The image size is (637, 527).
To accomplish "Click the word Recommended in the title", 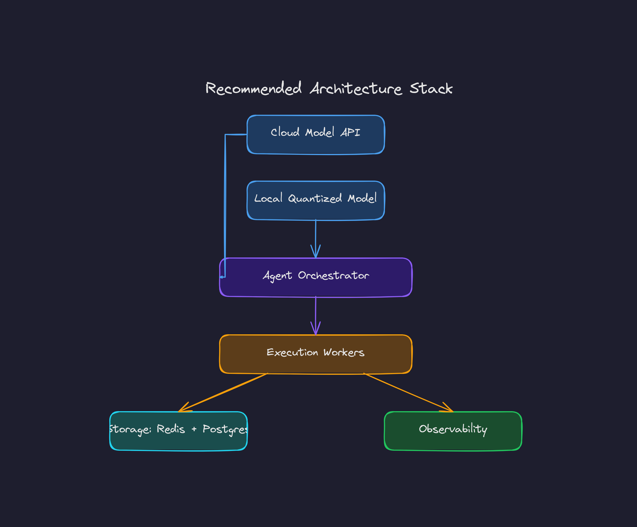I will (253, 88).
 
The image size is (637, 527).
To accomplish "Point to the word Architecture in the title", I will (356, 88).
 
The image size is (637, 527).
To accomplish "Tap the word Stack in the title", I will (431, 88).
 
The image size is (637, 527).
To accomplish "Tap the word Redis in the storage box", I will (171, 429).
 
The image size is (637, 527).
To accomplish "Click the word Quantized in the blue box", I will (315, 199).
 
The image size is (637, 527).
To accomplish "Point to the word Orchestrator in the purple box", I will (334, 276).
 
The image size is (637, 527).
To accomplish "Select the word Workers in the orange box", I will (344, 353).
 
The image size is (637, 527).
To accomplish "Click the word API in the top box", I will (350, 132).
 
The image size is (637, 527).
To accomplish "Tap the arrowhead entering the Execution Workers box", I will (315, 330).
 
